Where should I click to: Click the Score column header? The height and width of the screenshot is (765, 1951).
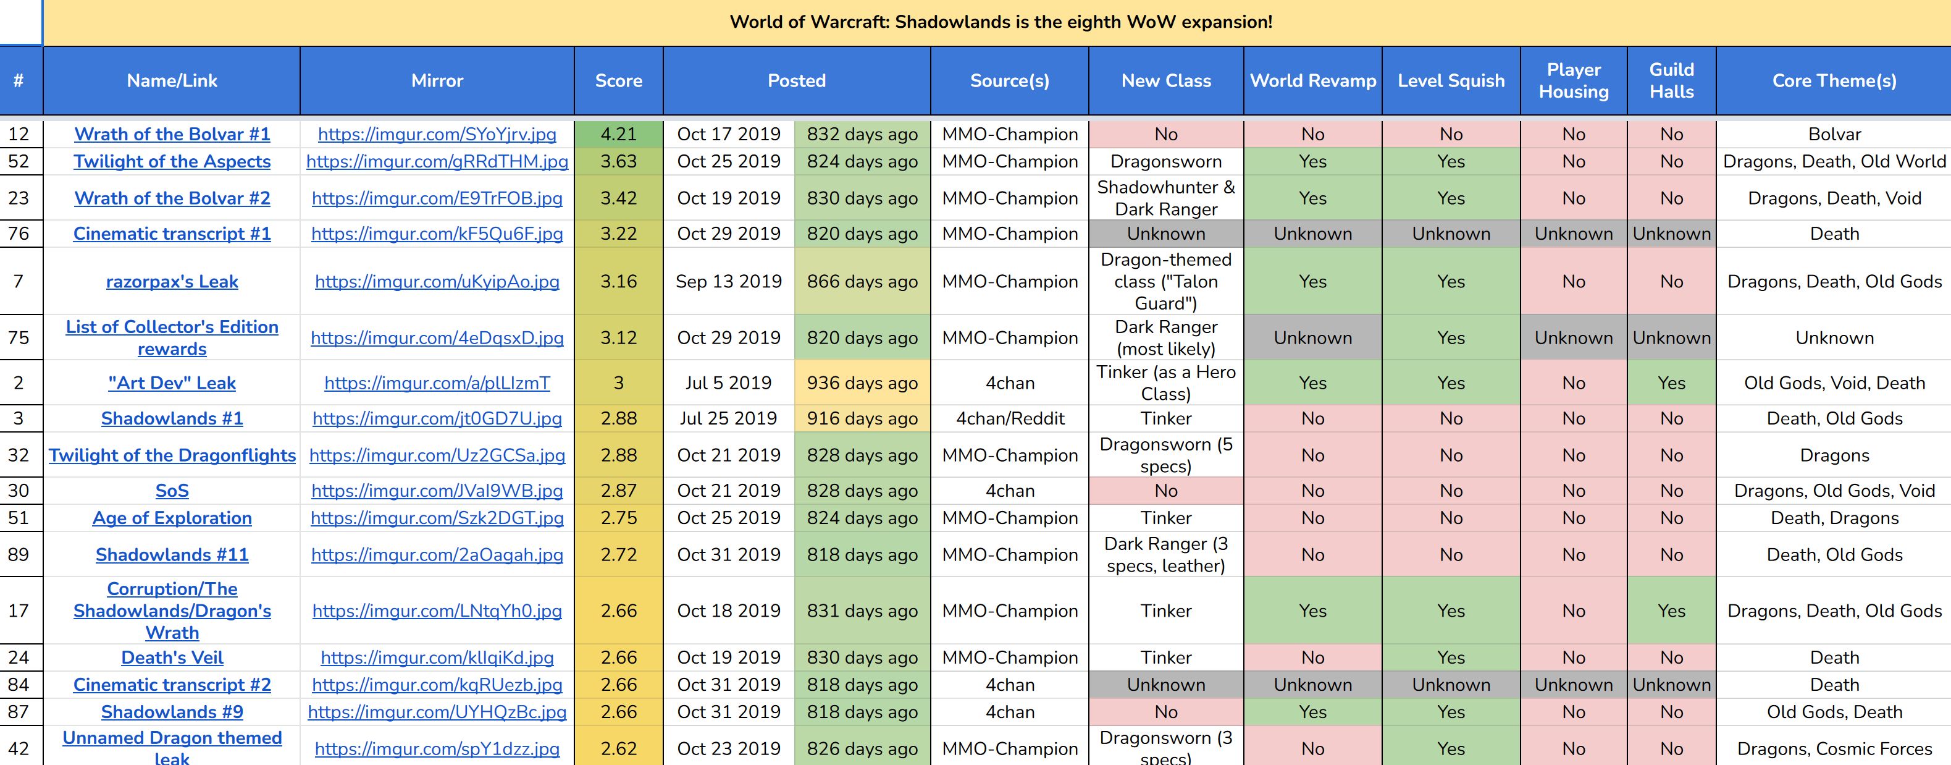click(x=618, y=81)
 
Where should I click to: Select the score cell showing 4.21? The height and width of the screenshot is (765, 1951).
click(x=618, y=134)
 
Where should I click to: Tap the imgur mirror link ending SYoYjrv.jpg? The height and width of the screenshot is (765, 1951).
click(x=437, y=134)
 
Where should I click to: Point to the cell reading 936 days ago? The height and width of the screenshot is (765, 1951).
click(x=862, y=383)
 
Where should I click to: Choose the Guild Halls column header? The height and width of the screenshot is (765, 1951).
click(x=1671, y=81)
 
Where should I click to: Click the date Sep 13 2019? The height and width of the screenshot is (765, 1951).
click(x=729, y=282)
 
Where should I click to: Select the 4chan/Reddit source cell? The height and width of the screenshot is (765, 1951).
click(x=1010, y=419)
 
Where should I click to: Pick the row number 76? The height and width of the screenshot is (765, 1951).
click(x=19, y=234)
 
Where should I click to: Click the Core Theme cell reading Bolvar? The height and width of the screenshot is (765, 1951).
click(x=1834, y=134)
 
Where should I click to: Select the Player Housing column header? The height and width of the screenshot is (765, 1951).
click(x=1573, y=81)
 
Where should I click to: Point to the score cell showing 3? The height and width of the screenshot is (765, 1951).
click(x=618, y=383)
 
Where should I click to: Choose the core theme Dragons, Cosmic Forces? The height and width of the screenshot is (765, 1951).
click(x=1834, y=749)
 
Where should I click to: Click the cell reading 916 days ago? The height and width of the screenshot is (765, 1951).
click(x=862, y=419)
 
